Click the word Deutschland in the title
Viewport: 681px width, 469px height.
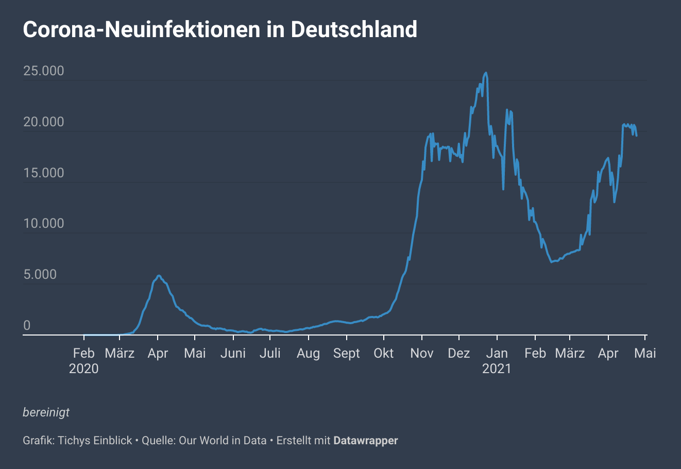coord(354,29)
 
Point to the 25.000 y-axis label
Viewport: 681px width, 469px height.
coord(44,71)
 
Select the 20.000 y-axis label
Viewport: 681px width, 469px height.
coord(44,122)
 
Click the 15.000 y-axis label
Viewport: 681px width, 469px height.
coord(44,173)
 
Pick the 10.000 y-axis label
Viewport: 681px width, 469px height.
coord(44,223)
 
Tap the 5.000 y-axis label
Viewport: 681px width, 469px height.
coord(40,274)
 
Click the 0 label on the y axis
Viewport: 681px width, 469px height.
coord(27,325)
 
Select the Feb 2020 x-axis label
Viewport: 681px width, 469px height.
coord(83,360)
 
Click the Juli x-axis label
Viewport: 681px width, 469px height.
coord(270,353)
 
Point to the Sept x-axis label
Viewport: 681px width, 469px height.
coord(347,353)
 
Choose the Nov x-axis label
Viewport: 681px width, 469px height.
coord(421,353)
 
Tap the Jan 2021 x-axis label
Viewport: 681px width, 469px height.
coord(497,360)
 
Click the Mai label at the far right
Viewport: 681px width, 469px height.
coord(645,353)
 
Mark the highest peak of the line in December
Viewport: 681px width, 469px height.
coord(486,73)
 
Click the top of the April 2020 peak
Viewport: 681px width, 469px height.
coord(159,276)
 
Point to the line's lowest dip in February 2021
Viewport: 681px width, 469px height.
coord(551,262)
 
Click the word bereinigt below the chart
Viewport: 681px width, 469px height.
coord(46,412)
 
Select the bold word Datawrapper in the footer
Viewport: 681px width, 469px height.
coord(366,441)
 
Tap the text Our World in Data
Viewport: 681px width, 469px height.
coord(223,441)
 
